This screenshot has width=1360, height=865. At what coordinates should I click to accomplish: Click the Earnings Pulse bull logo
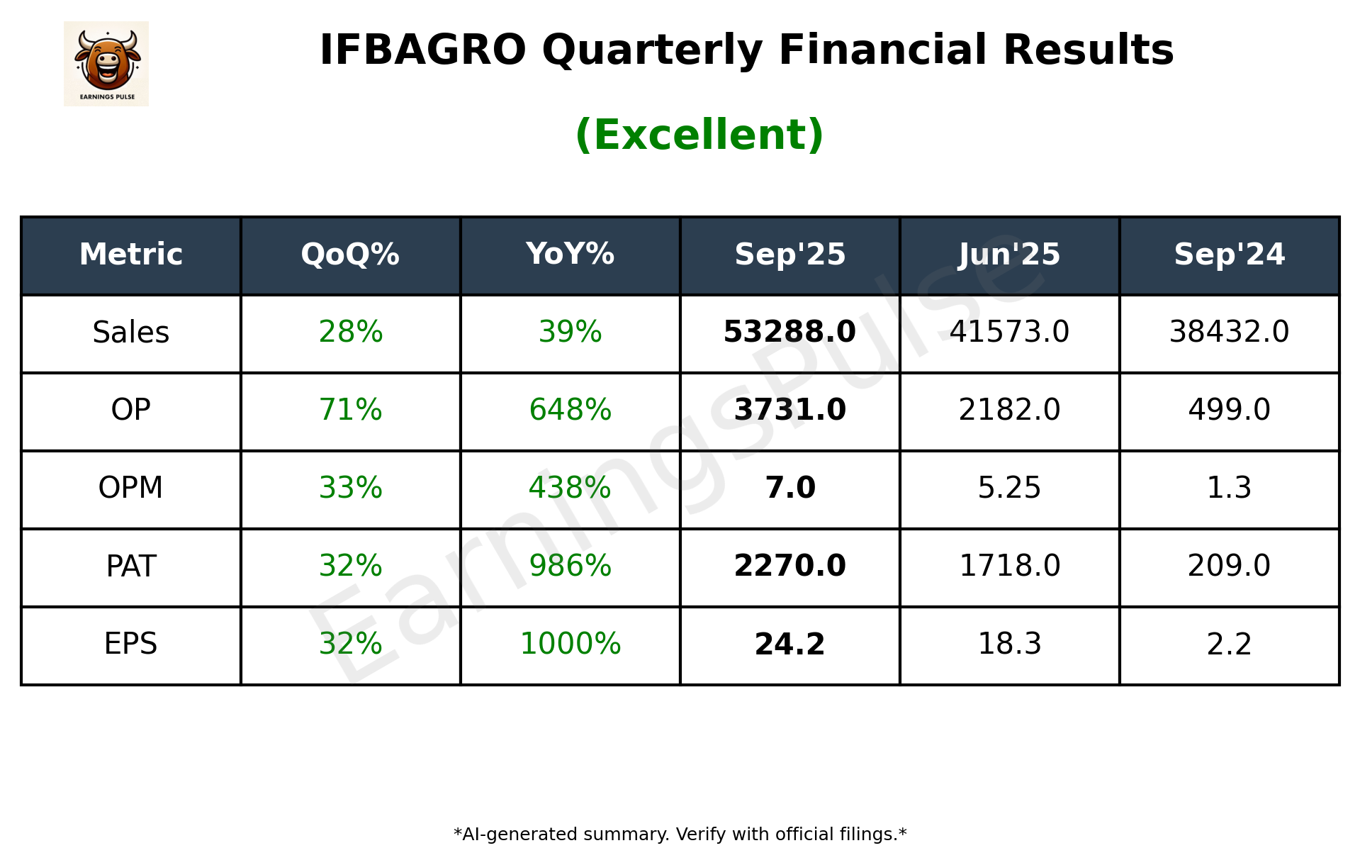[x=106, y=63]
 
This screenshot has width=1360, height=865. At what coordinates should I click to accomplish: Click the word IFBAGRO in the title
[x=422, y=50]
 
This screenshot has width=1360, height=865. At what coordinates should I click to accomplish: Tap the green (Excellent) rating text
[x=699, y=135]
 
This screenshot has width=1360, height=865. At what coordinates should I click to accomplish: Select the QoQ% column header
[x=350, y=255]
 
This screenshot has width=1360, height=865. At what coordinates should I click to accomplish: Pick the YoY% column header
[x=570, y=255]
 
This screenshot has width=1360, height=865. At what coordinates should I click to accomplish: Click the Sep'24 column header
[x=1229, y=255]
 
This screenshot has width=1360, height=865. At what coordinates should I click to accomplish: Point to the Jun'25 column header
[x=1009, y=255]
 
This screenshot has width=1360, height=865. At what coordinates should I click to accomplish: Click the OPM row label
[x=130, y=488]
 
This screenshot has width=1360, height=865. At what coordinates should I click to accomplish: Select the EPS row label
[x=130, y=644]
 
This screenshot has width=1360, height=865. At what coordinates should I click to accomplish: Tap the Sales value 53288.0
[x=789, y=332]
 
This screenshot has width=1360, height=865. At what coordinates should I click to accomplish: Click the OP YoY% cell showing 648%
[x=570, y=410]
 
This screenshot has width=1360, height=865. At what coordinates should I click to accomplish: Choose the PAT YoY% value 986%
[x=570, y=566]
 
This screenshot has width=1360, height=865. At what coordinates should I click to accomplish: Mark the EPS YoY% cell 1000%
[x=570, y=644]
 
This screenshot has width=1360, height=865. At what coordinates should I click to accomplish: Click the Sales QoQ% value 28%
[x=350, y=332]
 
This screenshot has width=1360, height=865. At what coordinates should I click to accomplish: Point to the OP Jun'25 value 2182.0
[x=1009, y=410]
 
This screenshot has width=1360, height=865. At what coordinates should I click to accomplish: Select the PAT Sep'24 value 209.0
[x=1229, y=566]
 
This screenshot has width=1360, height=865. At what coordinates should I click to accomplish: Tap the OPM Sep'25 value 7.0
[x=789, y=488]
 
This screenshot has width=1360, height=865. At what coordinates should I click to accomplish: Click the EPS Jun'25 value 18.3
[x=1009, y=644]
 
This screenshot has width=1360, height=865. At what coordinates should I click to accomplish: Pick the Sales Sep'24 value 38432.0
[x=1229, y=332]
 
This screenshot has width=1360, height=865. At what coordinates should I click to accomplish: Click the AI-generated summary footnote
[x=680, y=835]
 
